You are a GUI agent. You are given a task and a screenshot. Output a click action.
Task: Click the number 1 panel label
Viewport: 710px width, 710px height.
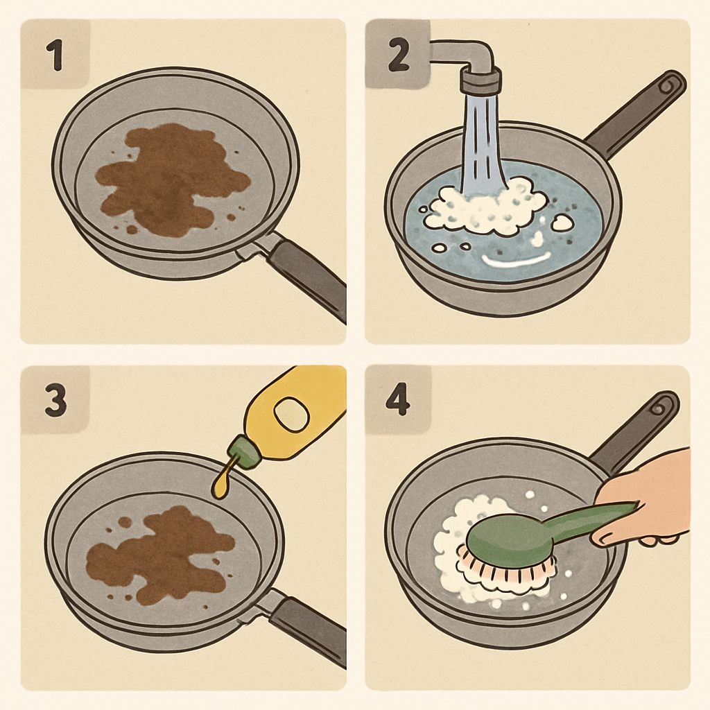53,55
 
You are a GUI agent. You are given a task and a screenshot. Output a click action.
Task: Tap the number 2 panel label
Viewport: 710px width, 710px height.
397,55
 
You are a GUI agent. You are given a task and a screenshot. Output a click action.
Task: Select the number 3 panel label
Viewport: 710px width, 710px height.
55,401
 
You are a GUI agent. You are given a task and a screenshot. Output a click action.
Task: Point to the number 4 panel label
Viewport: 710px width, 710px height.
398,401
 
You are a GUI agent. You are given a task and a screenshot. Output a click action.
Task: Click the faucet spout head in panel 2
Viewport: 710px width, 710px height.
480,80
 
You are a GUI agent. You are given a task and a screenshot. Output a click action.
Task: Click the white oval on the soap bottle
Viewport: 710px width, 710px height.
291,414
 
